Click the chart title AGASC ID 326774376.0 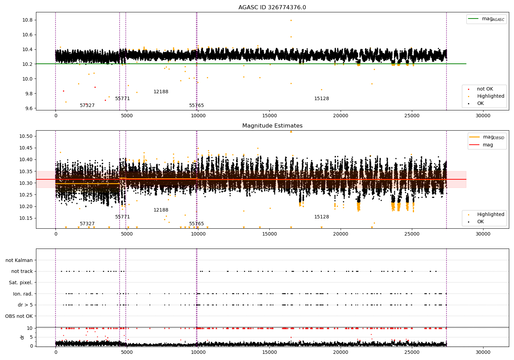[272, 7]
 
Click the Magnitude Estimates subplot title [272, 125]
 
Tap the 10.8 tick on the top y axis [27, 20]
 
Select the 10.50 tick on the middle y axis [26, 136]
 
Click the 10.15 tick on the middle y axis [26, 218]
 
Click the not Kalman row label [19, 260]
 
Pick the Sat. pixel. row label [21, 283]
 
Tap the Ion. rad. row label [23, 294]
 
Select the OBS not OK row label [19, 316]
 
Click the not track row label [22, 272]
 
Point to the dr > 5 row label [25, 305]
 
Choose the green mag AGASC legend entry [486, 19]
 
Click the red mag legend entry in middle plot [481, 145]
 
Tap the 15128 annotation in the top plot [321, 98]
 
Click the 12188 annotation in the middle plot [161, 210]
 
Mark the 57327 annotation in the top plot [87, 105]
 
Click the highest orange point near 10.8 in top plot [291, 21]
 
